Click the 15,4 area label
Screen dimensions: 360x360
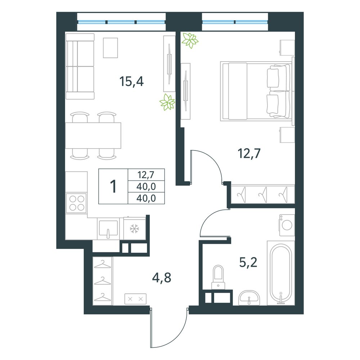[x=131, y=81]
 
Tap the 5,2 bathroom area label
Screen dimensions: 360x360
[x=248, y=262]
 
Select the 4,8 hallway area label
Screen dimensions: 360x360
[x=162, y=278]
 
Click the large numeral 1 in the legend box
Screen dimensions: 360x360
[x=113, y=186]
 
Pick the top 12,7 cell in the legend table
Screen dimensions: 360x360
[x=146, y=175]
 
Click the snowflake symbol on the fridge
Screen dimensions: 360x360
[x=134, y=229]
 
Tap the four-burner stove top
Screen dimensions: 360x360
[x=77, y=203]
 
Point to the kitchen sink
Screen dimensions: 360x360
[x=108, y=229]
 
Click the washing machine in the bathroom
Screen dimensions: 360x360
[x=287, y=225]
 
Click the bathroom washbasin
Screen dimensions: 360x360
[x=249, y=298]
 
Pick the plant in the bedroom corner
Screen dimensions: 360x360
[x=190, y=40]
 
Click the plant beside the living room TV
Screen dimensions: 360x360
[x=168, y=102]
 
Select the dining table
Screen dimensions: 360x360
[x=93, y=135]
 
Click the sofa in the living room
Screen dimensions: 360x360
[x=80, y=66]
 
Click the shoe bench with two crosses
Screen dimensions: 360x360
[x=135, y=299]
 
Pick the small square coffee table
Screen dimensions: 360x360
[x=111, y=48]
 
